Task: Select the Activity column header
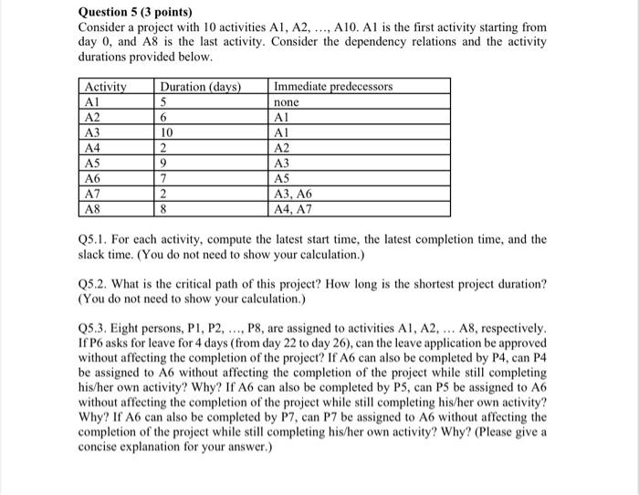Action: [102, 87]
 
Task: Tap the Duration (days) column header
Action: [200, 87]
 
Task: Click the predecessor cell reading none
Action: [287, 103]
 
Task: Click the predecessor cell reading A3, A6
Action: [293, 194]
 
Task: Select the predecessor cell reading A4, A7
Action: [293, 208]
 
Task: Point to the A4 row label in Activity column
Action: [92, 148]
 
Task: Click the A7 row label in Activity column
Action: [92, 194]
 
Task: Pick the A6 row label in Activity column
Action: [92, 178]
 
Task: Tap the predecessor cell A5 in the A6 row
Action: [282, 178]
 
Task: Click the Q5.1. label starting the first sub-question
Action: [96, 240]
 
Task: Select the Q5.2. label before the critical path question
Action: [96, 285]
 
